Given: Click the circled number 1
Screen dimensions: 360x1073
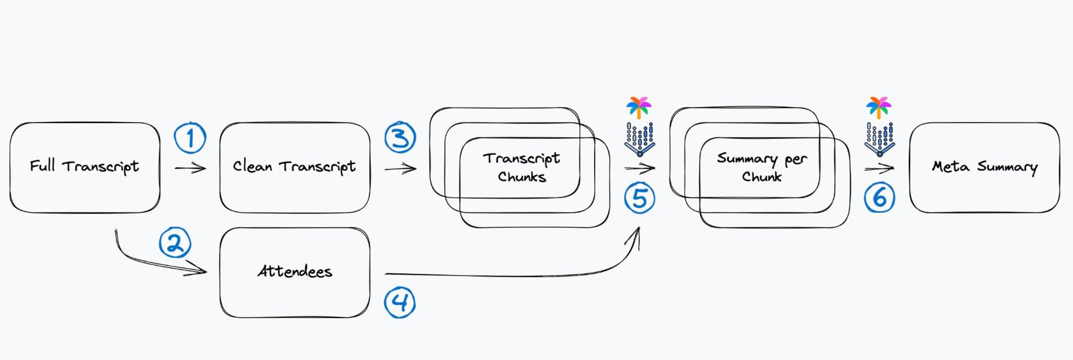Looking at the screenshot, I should click(x=190, y=138).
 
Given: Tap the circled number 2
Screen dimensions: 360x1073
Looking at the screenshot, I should click(x=175, y=243).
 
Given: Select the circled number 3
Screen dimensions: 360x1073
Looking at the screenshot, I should click(x=400, y=138).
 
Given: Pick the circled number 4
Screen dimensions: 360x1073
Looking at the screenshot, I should click(x=400, y=302).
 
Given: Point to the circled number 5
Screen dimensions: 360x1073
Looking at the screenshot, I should click(x=640, y=198).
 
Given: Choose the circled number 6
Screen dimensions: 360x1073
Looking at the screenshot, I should click(x=880, y=198).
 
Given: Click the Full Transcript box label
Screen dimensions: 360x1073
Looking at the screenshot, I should click(x=84, y=167).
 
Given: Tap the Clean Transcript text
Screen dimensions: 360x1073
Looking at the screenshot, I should click(x=294, y=167).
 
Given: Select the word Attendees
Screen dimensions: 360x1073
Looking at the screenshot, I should click(x=295, y=271).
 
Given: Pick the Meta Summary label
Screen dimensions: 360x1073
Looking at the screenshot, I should click(x=984, y=167).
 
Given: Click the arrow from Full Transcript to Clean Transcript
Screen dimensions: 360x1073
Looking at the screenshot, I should click(x=190, y=168).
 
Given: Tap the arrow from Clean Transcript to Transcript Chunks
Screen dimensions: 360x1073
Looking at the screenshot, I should click(x=400, y=169).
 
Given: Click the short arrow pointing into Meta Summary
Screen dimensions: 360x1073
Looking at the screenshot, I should click(x=879, y=168).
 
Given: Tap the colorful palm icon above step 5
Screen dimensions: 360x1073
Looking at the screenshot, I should click(x=639, y=107).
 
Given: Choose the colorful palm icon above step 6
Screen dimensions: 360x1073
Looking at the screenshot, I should click(x=879, y=107).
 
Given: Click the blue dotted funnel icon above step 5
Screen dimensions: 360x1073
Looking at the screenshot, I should click(x=640, y=139).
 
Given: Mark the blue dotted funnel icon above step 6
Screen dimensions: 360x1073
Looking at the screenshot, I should click(x=880, y=139).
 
